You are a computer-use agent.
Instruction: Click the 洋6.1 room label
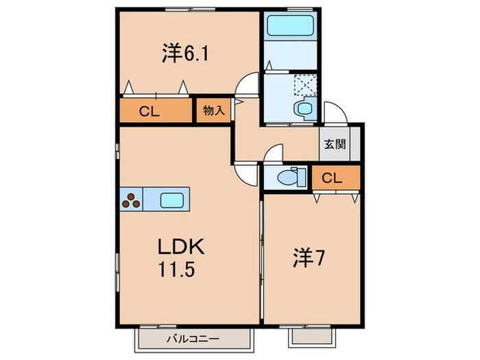185,53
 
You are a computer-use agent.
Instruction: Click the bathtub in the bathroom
289,27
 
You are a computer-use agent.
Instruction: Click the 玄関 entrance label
335,145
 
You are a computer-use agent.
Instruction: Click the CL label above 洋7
332,178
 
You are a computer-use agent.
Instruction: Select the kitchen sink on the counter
172,200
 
